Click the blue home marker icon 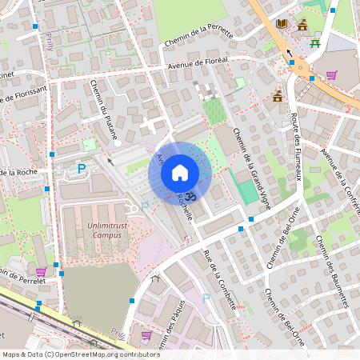point(180,173)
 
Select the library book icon point(282,24)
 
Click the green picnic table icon point(315,42)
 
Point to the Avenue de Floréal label point(198,62)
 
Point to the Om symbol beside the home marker point(190,194)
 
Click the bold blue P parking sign point(81,169)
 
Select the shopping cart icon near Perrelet point(41,272)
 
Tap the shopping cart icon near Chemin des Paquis point(146,335)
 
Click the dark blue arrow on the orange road point(289,54)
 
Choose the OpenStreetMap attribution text point(81,354)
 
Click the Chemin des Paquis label point(175,336)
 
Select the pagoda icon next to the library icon point(302,24)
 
